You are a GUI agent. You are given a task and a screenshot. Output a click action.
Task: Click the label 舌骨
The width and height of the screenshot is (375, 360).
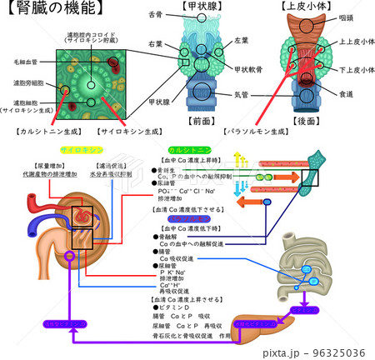pos(155,15)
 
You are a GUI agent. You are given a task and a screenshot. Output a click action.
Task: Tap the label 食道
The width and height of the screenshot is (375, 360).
pos(347,97)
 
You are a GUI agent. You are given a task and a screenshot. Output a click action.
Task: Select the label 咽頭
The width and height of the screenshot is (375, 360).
pos(344,15)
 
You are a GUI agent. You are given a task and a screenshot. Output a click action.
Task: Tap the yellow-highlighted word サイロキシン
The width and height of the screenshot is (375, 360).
pos(80,150)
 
